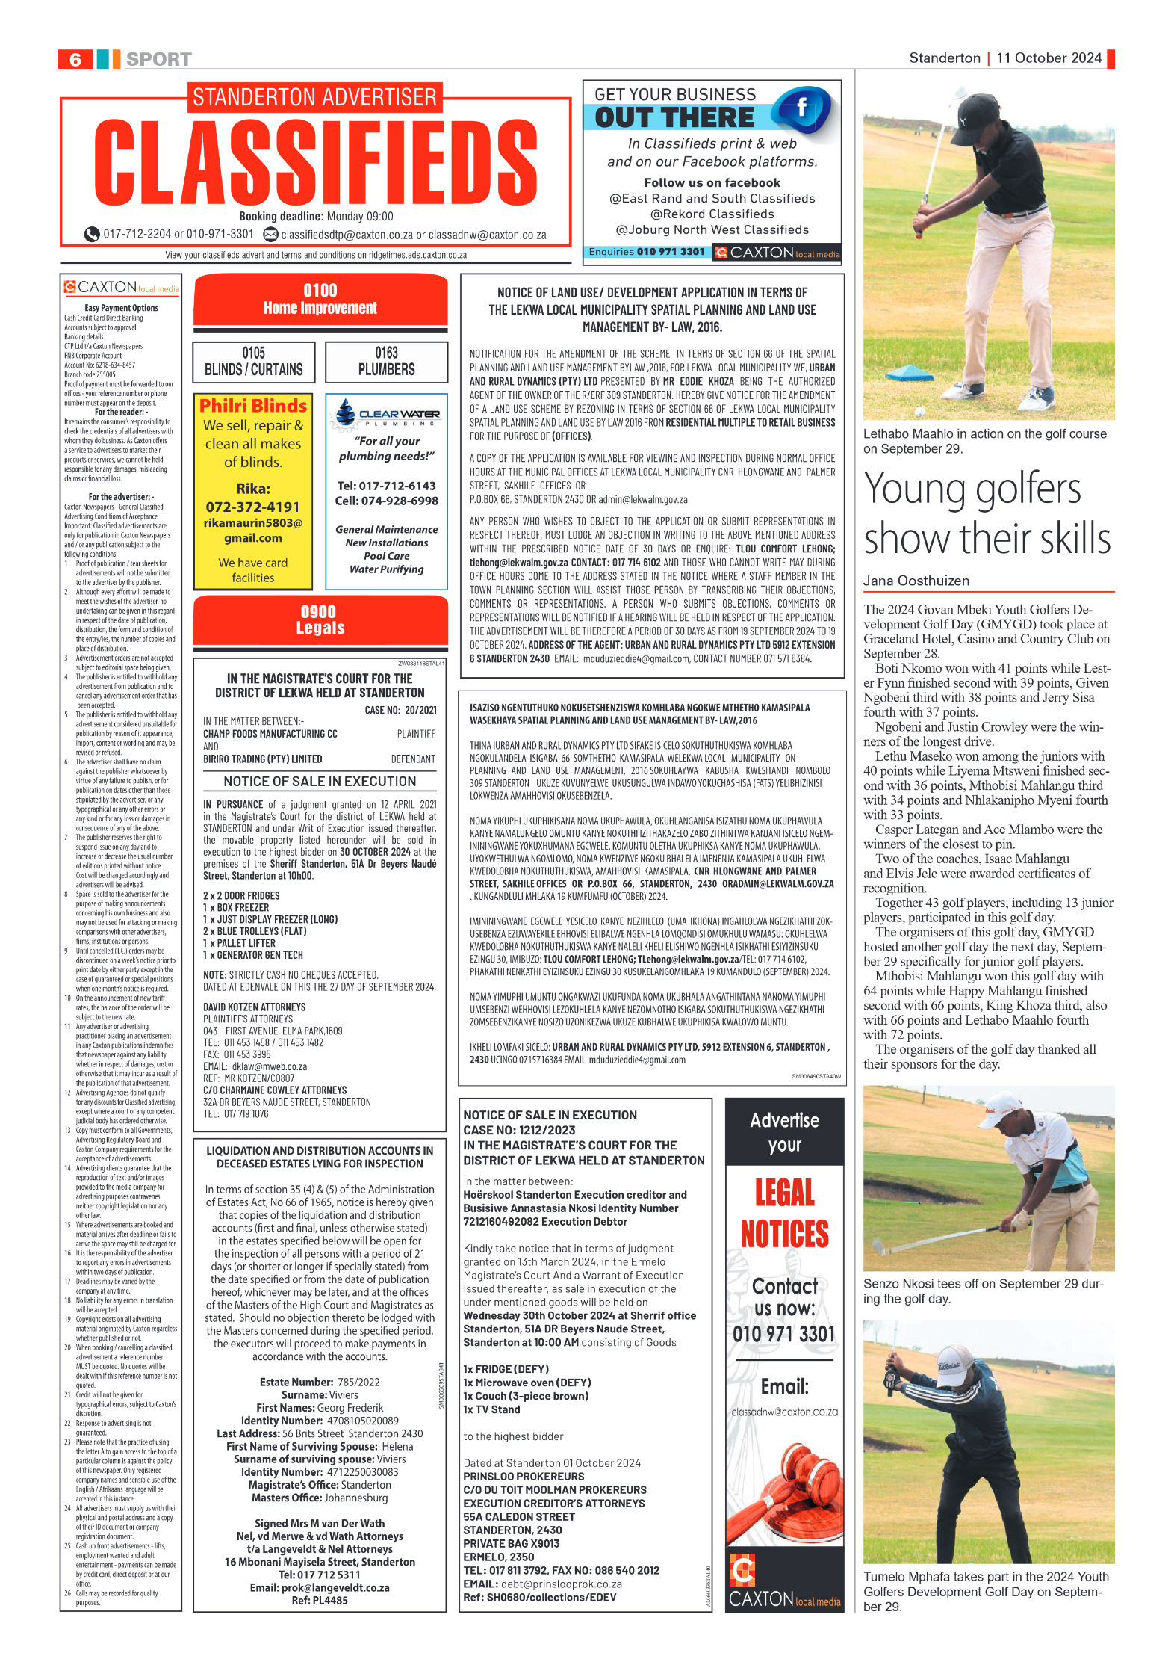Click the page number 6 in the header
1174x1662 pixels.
tap(75, 59)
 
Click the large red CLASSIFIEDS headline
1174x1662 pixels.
tap(316, 163)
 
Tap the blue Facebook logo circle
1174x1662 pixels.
tap(803, 109)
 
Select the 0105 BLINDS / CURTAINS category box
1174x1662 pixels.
tap(253, 362)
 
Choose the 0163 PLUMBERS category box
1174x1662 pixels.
tap(386, 362)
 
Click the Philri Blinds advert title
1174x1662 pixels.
tap(253, 406)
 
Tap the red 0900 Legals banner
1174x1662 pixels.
tap(320, 620)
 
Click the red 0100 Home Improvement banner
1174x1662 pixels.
tap(320, 299)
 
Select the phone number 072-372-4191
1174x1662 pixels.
tap(252, 507)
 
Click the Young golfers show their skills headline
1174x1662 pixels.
tap(987, 514)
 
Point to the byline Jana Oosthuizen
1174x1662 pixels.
tap(916, 581)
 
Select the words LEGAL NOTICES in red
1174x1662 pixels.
tap(784, 1213)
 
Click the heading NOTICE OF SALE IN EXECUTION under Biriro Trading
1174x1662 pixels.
tap(320, 782)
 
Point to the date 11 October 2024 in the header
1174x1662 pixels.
tap(1049, 58)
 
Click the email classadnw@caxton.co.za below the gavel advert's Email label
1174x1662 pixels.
tap(784, 1412)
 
